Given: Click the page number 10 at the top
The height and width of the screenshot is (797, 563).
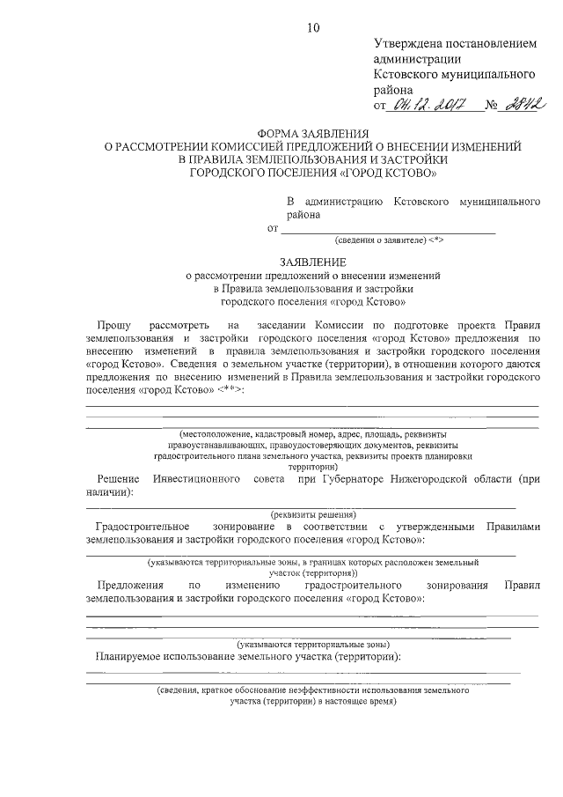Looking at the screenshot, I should (x=313, y=27).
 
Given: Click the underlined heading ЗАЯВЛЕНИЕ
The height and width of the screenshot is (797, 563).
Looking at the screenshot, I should (x=313, y=262).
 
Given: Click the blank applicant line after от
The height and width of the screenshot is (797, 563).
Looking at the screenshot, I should (x=387, y=231).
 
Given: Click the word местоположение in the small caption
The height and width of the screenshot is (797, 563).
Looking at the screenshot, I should (x=216, y=435).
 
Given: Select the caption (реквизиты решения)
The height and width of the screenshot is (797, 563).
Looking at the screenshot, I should (x=313, y=513).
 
